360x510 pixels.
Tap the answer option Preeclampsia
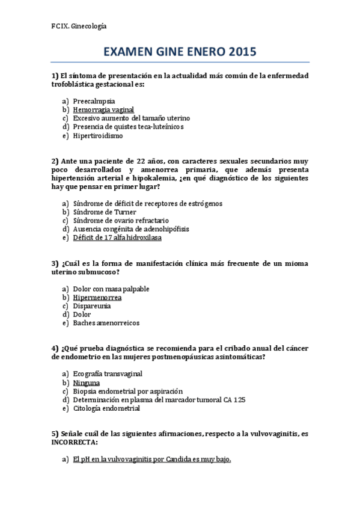tap(94, 101)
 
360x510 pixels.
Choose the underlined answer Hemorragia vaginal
tap(103, 110)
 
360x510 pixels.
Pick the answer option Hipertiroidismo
tap(98, 135)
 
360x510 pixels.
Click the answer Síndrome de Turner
tap(105, 212)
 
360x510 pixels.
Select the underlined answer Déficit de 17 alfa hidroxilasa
tap(117, 238)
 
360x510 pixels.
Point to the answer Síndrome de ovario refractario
tap(121, 221)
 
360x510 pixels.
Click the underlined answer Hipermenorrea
tap(97, 298)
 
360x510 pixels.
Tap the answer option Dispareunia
tap(92, 306)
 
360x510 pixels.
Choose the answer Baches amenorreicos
tap(106, 323)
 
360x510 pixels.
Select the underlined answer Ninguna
tap(87, 383)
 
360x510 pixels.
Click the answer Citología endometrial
tap(106, 408)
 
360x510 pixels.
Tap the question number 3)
tap(55, 263)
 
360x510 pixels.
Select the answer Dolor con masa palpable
tap(111, 289)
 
